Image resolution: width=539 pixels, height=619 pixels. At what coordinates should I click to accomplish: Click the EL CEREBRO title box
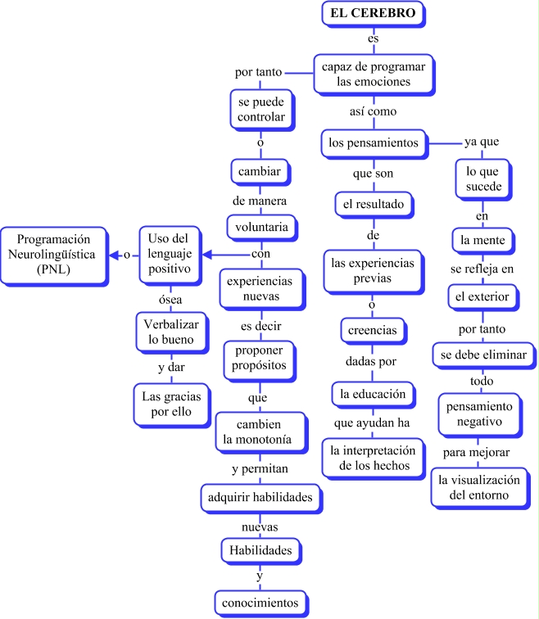374,13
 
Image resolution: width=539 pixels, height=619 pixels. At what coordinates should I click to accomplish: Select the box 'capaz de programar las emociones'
374,75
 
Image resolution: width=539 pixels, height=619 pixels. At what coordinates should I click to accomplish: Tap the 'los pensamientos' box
374,143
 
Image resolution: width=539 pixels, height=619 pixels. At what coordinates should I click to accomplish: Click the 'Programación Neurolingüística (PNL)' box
54,255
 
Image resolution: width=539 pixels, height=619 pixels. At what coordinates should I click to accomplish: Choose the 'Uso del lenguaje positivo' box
170,255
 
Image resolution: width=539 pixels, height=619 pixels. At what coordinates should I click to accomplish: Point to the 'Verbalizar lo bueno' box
171,332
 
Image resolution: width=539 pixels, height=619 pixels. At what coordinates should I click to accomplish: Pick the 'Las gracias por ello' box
171,404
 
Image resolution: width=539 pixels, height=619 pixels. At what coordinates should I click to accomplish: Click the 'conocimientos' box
261,603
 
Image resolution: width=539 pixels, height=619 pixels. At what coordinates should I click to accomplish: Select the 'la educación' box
374,395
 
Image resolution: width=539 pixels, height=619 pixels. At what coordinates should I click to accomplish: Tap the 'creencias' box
373,331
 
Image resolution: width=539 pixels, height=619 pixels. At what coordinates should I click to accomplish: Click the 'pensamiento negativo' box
480,414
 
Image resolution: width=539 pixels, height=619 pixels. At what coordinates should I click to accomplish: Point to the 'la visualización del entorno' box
480,488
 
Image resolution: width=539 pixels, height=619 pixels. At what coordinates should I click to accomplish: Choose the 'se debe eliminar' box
484,355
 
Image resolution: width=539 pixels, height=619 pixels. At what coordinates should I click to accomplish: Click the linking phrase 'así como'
374,111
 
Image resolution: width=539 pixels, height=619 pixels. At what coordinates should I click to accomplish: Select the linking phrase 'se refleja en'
482,269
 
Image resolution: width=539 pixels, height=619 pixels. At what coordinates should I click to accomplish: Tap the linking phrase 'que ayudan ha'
372,423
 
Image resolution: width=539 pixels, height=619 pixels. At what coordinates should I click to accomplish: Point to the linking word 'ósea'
170,300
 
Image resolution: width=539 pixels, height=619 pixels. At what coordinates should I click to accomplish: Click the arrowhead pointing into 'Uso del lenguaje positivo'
207,255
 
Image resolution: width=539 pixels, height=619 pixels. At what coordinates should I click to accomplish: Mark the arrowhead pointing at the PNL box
114,255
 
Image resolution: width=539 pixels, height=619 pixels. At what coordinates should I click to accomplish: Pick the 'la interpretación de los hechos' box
374,459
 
